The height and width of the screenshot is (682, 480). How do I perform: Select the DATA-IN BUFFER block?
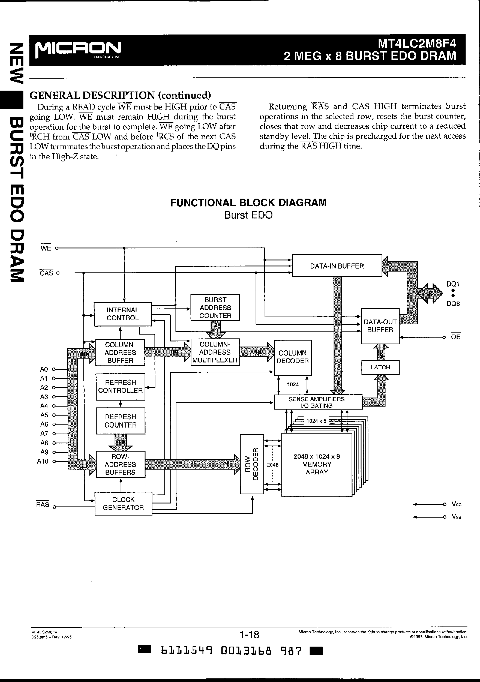[x=337, y=266]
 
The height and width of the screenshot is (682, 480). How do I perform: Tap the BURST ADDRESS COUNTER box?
[x=215, y=308]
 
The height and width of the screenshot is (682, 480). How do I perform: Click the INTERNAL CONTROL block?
[x=123, y=314]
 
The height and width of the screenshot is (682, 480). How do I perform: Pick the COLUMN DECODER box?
[x=292, y=357]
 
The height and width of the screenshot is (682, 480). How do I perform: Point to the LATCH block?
[x=380, y=367]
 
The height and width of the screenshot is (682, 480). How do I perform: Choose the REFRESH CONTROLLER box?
[x=120, y=386]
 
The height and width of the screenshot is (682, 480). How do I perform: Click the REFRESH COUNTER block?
[x=120, y=421]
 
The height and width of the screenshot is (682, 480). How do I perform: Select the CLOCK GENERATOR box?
[x=123, y=503]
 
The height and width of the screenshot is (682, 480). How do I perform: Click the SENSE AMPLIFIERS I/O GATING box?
[x=318, y=402]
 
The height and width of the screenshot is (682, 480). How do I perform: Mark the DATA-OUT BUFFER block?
[x=380, y=326]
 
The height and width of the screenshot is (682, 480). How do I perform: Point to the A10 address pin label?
[x=43, y=461]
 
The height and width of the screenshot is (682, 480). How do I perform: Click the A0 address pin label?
[x=44, y=369]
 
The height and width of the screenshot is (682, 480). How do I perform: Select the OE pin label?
[x=455, y=337]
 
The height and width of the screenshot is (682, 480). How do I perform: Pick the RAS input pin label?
[x=43, y=505]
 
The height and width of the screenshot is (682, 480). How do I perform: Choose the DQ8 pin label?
[x=453, y=304]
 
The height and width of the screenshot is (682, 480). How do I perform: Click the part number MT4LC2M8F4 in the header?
[x=416, y=44]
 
